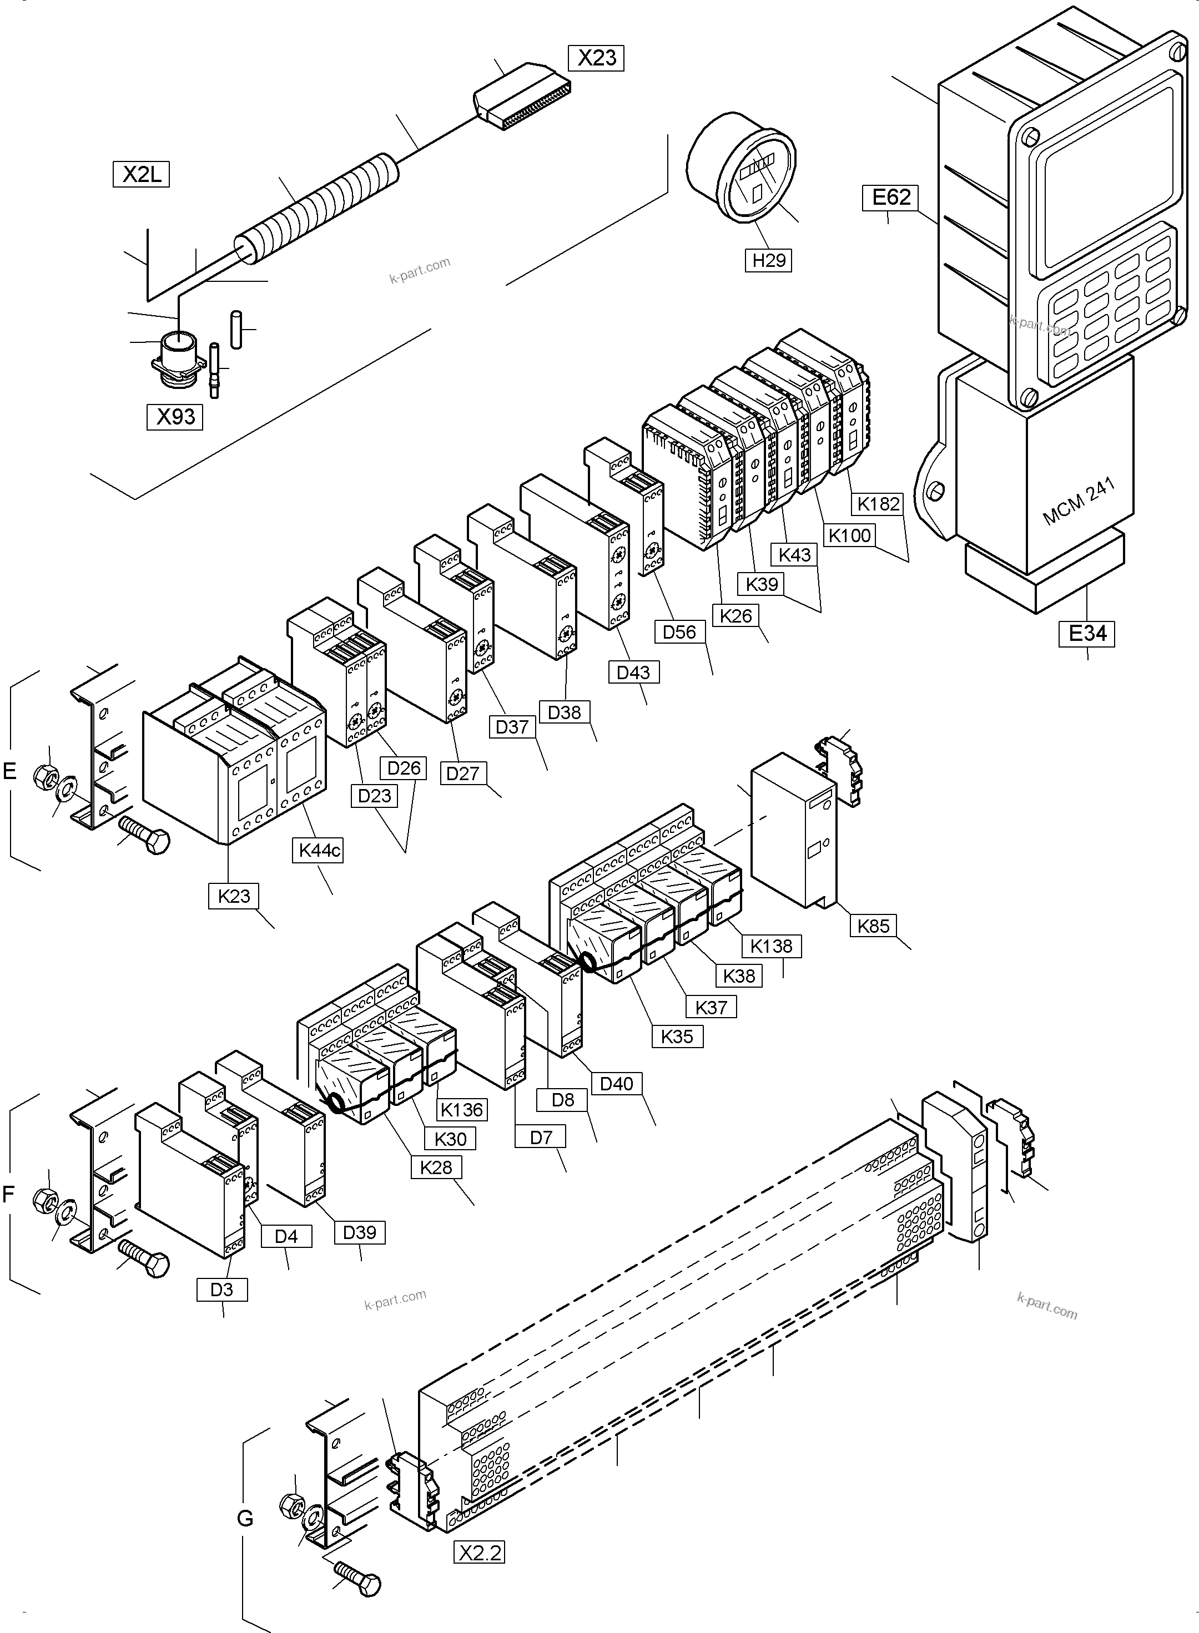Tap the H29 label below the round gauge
(769, 260)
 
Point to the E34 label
(1087, 633)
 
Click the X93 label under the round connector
(175, 416)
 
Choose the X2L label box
(142, 174)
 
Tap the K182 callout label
(878, 503)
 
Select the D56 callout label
(679, 632)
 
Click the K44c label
(319, 850)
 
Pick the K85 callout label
(873, 926)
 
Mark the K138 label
(771, 946)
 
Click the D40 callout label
(617, 1084)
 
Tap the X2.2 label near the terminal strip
(480, 1553)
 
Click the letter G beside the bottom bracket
(245, 1518)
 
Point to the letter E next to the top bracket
(9, 770)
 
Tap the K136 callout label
(462, 1109)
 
